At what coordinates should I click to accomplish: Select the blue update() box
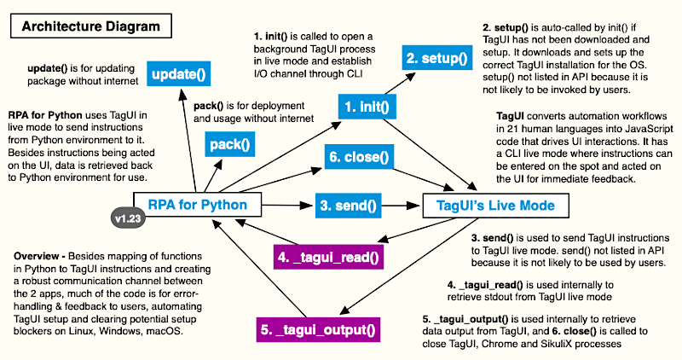pyautogui.click(x=180, y=74)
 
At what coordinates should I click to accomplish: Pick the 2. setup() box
pyautogui.click(x=436, y=59)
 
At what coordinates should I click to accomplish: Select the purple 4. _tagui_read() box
pyautogui.click(x=326, y=254)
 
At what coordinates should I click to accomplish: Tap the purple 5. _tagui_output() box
pyautogui.click(x=318, y=328)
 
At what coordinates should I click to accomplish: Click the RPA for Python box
pyautogui.click(x=197, y=205)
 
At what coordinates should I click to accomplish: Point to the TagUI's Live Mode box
pyautogui.click(x=489, y=205)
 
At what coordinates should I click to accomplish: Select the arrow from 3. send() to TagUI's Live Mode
pyautogui.click(x=401, y=205)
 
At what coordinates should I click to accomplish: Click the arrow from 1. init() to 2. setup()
pyautogui.click(x=390, y=85)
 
